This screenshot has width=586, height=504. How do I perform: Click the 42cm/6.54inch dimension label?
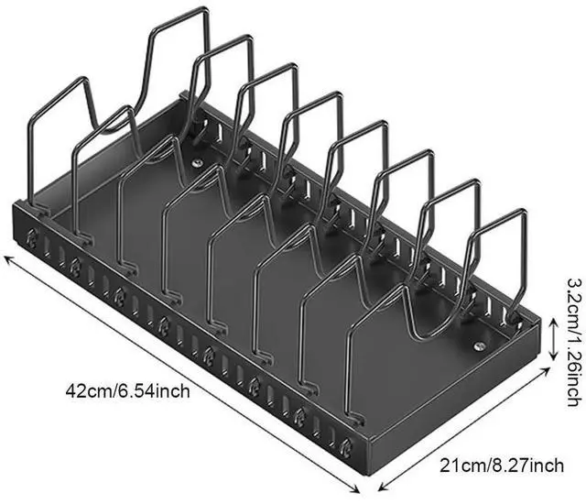[127, 391]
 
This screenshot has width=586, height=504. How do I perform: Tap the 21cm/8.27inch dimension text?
[502, 466]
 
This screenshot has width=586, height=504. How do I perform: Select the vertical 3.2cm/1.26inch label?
[574, 342]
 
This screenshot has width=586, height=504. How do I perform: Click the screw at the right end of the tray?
[479, 346]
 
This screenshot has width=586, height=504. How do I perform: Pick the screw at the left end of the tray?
[197, 162]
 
